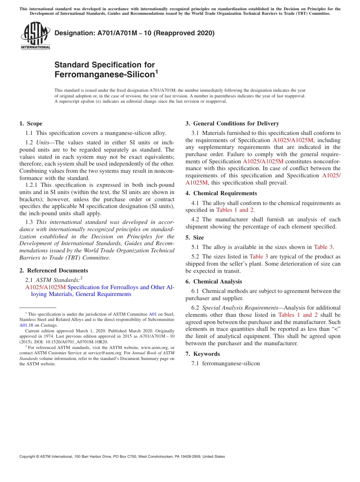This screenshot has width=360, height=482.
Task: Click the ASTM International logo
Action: pyautogui.click(x=35, y=36)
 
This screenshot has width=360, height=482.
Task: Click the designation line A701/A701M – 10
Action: pyautogui.click(x=135, y=33)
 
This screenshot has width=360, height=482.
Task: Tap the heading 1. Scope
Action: pyautogui.click(x=31, y=124)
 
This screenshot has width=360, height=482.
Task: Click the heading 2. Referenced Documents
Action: pyautogui.click(x=53, y=271)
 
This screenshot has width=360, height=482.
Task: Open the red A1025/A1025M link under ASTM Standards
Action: pyautogui.click(x=45, y=287)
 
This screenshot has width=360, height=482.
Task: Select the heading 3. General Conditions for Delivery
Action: pyautogui.click(x=232, y=124)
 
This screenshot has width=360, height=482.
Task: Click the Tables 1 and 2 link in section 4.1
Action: pyautogui.click(x=232, y=210)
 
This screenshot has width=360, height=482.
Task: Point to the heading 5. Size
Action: pyautogui.click(x=194, y=238)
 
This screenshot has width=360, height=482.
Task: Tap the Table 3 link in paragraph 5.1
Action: pyautogui.click(x=323, y=247)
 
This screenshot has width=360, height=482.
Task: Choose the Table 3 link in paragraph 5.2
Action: pyautogui.click(x=258, y=257)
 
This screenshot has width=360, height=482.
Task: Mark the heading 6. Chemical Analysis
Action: pyautogui.click(x=213, y=282)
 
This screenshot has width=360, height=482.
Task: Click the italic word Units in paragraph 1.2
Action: pyautogui.click(x=42, y=142)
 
